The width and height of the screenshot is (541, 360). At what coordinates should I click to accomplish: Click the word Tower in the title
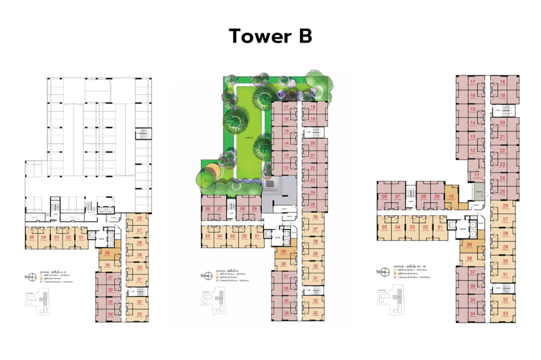click(257, 36)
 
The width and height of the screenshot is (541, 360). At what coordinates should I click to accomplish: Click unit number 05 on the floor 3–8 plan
click(32, 237)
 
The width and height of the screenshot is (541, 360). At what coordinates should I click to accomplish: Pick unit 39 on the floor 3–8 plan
click(107, 254)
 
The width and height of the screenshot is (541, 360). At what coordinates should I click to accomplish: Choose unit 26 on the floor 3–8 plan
click(139, 219)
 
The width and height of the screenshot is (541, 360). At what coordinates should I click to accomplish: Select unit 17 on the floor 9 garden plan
click(286, 108)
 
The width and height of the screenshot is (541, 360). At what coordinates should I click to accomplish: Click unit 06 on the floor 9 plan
click(208, 209)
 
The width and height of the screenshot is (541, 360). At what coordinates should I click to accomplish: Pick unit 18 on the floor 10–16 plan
click(503, 82)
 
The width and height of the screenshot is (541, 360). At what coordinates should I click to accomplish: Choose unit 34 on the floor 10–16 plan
click(473, 314)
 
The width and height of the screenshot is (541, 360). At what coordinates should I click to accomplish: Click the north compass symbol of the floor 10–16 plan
click(385, 272)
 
